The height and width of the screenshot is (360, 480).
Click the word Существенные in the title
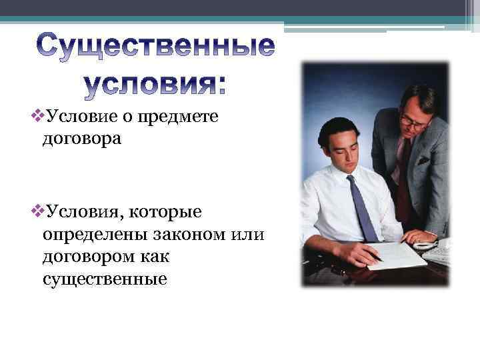tap(154, 47)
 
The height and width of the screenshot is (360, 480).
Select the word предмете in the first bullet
tap(179, 117)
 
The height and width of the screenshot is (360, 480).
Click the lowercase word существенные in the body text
tap(105, 279)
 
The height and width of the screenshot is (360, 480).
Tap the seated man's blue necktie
tap(363, 207)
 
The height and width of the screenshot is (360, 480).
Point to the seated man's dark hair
tap(337, 127)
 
